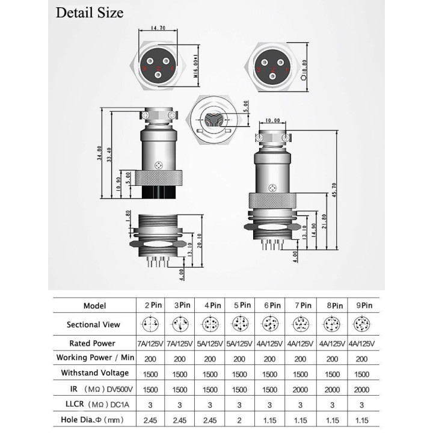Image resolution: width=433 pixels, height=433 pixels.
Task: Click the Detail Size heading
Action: [90, 13]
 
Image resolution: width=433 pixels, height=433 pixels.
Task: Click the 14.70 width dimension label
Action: [158, 28]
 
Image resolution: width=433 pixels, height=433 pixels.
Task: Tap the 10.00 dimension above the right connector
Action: [272, 120]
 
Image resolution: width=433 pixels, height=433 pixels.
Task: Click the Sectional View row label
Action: [94, 325]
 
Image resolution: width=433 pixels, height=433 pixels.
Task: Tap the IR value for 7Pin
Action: [302, 389]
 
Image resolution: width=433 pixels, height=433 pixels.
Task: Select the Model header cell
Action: [94, 306]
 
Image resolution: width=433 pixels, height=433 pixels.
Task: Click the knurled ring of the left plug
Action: [158, 179]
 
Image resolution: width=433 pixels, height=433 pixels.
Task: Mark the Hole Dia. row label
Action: [94, 420]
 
